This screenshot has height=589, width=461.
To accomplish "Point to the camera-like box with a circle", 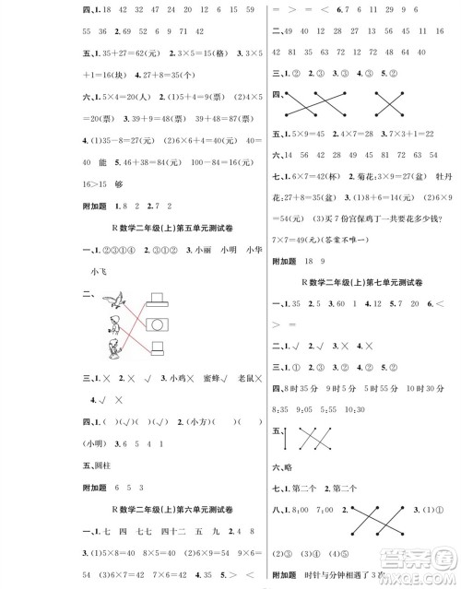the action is click(x=157, y=324).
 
